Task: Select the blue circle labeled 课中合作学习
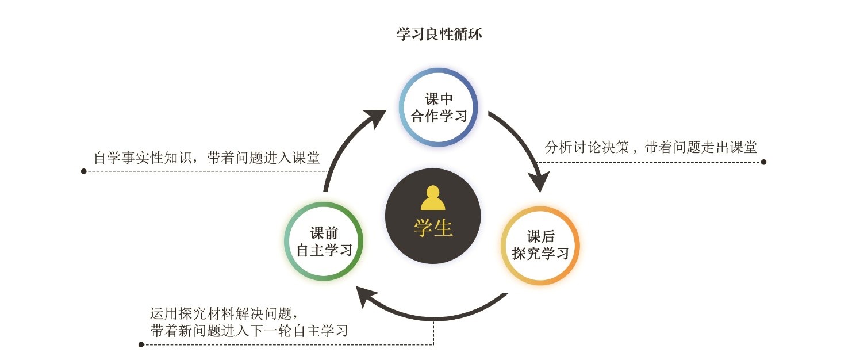[439, 107]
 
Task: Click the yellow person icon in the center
[433, 198]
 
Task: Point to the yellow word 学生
[433, 228]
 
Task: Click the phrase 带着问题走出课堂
[700, 147]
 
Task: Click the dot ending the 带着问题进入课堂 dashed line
[84, 171]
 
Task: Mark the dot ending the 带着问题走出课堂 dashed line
[763, 162]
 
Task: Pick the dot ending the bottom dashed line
[141, 345]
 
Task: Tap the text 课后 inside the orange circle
[540, 236]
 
